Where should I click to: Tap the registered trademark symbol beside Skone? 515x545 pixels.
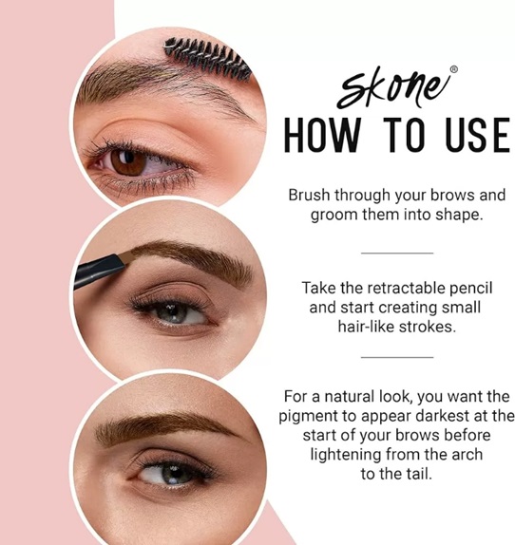pos(454,69)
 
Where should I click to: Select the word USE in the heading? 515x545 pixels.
pos(477,135)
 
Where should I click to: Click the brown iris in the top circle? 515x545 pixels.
pos(128,162)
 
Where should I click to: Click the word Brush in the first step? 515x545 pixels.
pos(309,195)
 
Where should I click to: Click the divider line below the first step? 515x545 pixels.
pos(397,253)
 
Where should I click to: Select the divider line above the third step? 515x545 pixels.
pos(397,357)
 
